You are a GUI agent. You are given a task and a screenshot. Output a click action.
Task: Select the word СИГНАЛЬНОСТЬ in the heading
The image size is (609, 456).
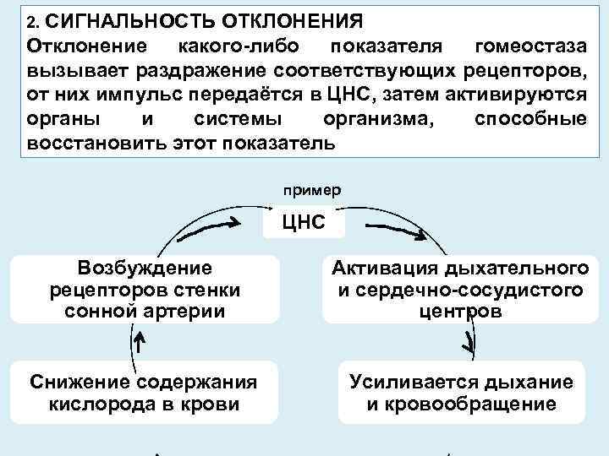tap(128, 19)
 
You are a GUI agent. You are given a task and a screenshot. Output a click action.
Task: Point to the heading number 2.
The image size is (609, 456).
tap(32, 19)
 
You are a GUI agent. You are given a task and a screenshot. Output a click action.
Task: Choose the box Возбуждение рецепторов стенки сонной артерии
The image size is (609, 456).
tap(145, 290)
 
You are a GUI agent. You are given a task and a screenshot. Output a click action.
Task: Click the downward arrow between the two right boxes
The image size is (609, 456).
tap(468, 342)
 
